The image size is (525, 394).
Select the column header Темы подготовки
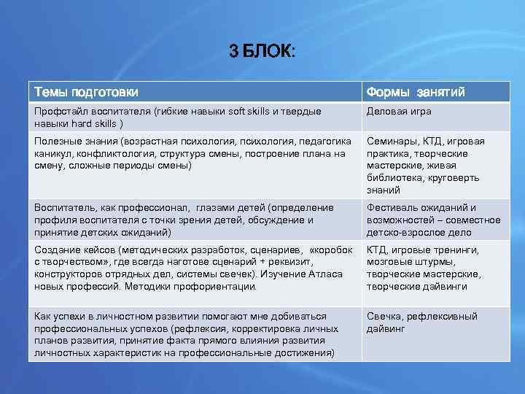tap(86, 92)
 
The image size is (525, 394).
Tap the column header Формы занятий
tap(416, 92)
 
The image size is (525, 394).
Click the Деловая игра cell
tap(399, 112)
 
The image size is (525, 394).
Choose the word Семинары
tap(391, 141)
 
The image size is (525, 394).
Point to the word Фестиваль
tap(392, 208)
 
